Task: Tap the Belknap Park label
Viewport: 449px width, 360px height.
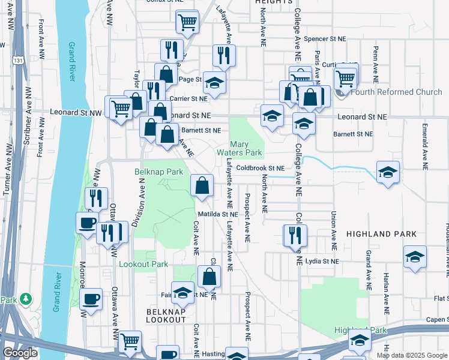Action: click(x=158, y=172)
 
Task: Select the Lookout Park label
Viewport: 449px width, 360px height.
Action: click(x=143, y=264)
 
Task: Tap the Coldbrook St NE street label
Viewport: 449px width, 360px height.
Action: click(x=259, y=169)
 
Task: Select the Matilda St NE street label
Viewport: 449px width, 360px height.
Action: click(x=218, y=214)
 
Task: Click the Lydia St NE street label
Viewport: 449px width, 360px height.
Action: click(x=322, y=261)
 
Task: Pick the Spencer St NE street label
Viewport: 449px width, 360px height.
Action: click(x=325, y=38)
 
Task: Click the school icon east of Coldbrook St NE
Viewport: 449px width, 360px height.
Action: click(x=388, y=172)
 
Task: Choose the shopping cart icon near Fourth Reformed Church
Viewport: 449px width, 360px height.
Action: click(x=345, y=77)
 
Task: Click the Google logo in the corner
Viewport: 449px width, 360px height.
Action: click(x=20, y=353)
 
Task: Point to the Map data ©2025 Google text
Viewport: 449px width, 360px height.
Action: click(x=411, y=355)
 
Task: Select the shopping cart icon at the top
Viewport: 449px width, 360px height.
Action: click(x=187, y=22)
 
